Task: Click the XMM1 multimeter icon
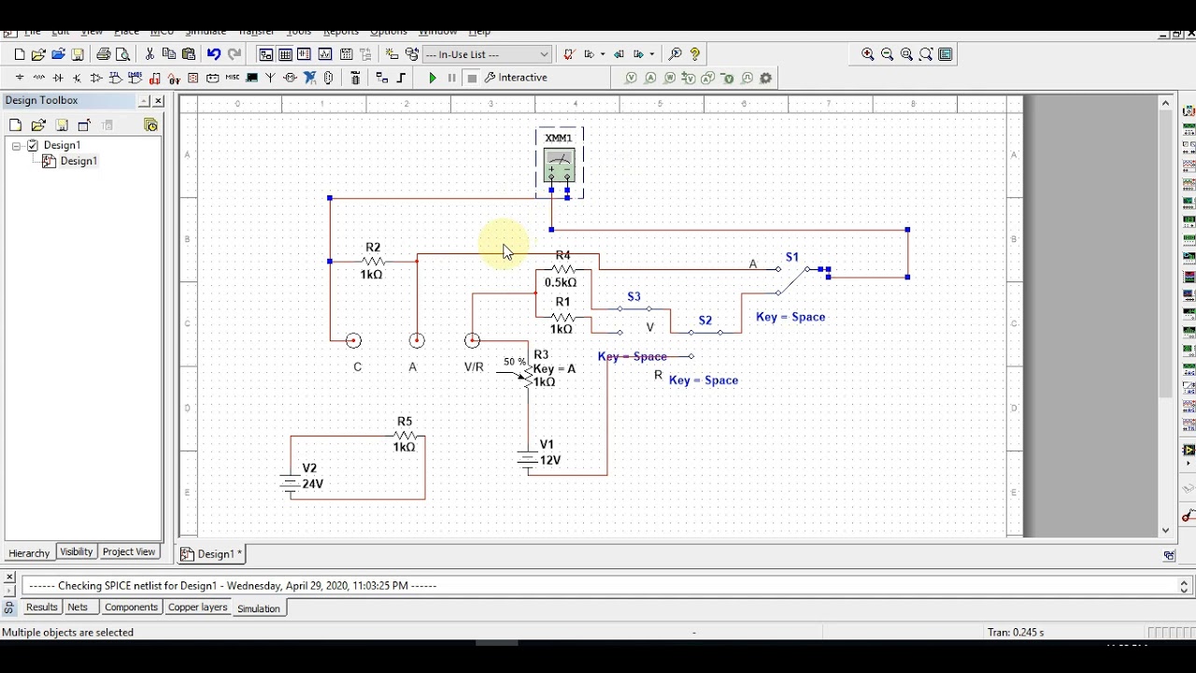[559, 165]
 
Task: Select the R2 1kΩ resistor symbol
[373, 261]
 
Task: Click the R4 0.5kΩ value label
[561, 282]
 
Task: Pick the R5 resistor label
[404, 422]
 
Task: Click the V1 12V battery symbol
[528, 459]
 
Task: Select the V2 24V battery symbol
[290, 483]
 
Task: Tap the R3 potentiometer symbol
[527, 375]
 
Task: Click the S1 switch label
[792, 257]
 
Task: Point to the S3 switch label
[634, 297]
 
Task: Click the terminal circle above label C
[353, 341]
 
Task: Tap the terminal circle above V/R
[473, 341]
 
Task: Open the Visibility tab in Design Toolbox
[77, 552]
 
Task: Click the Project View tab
[129, 552]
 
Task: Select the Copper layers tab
[197, 608]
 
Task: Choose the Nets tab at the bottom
[78, 608]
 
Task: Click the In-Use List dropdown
[488, 54]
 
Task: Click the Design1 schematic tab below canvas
[211, 554]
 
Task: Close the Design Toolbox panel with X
[158, 101]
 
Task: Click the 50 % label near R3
[515, 362]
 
